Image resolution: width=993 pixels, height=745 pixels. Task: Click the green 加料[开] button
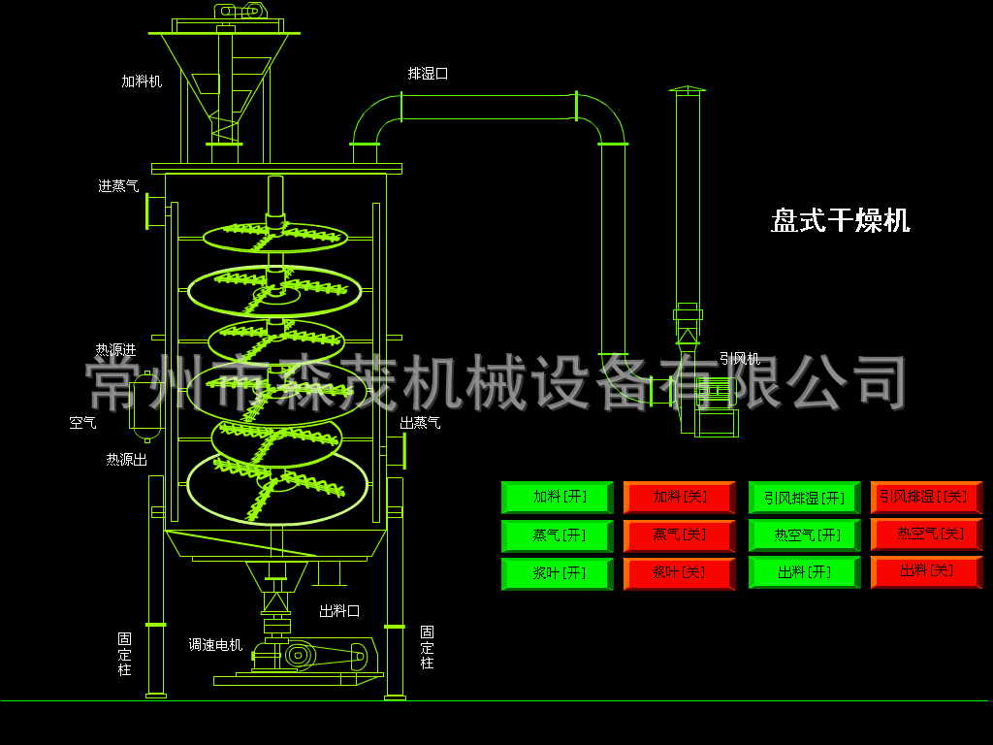pos(558,498)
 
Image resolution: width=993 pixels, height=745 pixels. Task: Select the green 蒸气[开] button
pos(558,535)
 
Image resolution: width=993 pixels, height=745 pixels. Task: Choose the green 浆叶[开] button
pos(558,573)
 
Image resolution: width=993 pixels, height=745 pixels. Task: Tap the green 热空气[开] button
pos(805,535)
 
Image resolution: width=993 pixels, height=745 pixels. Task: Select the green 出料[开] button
pos(805,573)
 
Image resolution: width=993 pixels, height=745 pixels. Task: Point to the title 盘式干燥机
pos(841,221)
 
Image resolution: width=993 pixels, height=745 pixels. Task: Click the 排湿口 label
pos(428,74)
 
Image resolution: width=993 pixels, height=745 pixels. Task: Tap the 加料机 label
pos(142,82)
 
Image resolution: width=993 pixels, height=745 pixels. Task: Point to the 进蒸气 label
pos(118,186)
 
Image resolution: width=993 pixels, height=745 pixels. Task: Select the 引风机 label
pos(740,359)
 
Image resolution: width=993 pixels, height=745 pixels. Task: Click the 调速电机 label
pos(215,644)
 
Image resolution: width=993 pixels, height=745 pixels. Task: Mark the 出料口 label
pos(339,611)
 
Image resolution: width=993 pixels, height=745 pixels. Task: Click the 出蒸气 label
pos(420,423)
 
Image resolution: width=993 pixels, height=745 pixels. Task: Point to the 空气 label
pos(82,423)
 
